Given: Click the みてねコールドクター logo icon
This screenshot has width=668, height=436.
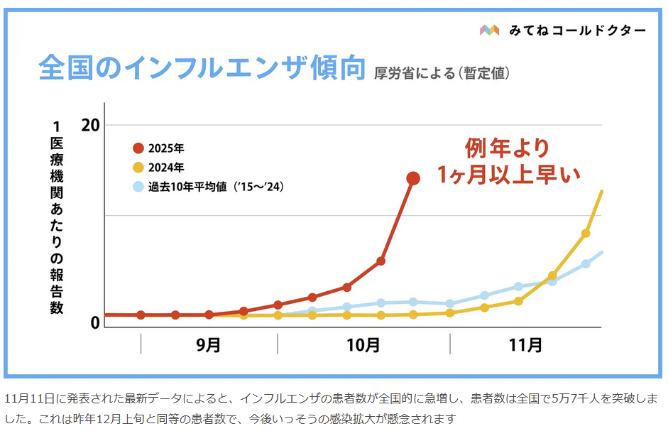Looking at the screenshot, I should coord(490,30).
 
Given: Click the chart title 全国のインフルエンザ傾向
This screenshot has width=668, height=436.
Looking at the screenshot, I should coord(202,69).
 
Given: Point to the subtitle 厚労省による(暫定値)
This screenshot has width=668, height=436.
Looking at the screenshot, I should coord(442,72).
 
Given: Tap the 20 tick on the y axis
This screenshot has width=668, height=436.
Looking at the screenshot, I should coord(90,125).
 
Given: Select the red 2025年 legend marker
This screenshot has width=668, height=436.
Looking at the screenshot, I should coord(138,148).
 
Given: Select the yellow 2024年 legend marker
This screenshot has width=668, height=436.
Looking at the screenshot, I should coord(138,168).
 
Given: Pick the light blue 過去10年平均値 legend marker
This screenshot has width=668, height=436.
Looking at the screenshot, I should coord(138,187).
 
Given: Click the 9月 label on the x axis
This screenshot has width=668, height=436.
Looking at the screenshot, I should coord(208,345).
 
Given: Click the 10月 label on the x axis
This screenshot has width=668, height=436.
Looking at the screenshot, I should coord(364,345).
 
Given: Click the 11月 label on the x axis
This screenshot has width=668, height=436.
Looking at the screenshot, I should coord(526,345).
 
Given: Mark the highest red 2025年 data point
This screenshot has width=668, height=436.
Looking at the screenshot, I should coord(413,178).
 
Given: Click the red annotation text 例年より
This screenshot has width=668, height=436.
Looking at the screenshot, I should coord(508,148).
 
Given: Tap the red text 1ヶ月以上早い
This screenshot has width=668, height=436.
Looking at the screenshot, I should coord(508,174).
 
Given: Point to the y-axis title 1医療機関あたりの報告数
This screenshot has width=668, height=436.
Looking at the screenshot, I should coord(57,217).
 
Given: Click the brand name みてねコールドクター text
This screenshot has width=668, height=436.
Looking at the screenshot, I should coord(577,30).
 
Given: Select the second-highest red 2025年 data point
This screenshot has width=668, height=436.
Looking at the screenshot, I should coord(380,261).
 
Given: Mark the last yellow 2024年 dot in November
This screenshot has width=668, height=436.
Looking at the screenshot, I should coord(586,234).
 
